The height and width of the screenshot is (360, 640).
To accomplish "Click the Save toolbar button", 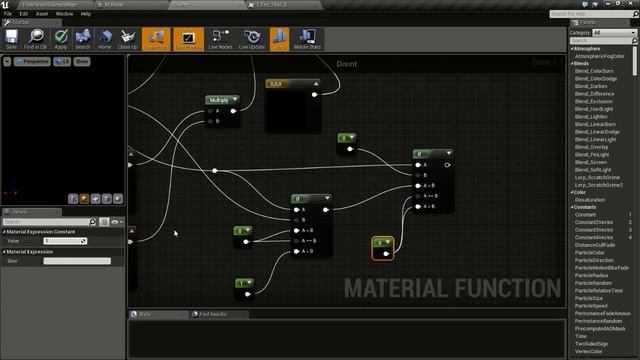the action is coord(12,40).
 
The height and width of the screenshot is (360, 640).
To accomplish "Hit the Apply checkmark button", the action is coord(61,40).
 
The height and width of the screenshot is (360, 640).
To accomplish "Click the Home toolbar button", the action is coord(105,40).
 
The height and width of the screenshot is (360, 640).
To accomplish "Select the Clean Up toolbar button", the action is coord(128,40).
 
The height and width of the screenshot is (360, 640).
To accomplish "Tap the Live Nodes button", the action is coord(220,40).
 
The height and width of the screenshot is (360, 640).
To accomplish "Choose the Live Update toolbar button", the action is coord(252,40).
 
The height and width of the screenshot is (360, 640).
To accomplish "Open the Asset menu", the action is coord(42,14).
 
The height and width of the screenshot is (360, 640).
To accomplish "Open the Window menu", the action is coord(64,14).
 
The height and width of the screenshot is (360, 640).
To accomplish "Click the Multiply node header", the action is coord(221,100).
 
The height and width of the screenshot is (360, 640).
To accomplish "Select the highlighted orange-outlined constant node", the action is coord(382,246).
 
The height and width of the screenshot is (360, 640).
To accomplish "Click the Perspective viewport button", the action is coord(35,61).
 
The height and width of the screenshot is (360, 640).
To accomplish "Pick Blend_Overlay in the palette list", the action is coord(592,147).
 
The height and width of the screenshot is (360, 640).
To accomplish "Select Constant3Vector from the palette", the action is coord(596,230).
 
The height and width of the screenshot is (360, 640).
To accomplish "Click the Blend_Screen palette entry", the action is coord(592,162).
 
